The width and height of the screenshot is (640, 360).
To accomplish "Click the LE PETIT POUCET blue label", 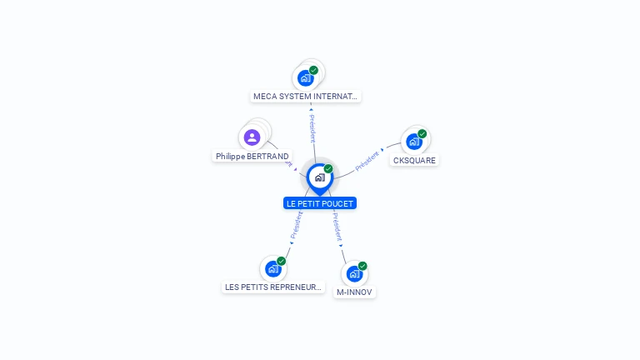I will [x=320, y=203].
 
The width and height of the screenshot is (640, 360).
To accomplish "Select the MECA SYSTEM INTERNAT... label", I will [x=306, y=97].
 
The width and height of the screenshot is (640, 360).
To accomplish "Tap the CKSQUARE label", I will [x=414, y=160].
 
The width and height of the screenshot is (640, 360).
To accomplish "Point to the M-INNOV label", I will [x=354, y=292].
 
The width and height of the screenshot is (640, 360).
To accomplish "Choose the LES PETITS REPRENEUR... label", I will [x=273, y=287].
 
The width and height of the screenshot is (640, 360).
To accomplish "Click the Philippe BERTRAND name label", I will [x=252, y=156].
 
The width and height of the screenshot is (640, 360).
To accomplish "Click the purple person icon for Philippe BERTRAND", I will [x=252, y=137].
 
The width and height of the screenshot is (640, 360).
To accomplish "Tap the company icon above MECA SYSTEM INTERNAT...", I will [x=305, y=78].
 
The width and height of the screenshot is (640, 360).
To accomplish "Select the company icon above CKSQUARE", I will [x=413, y=142].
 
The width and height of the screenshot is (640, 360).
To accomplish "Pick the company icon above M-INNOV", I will [x=353, y=273].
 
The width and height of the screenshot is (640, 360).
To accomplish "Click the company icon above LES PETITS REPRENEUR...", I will [x=272, y=268].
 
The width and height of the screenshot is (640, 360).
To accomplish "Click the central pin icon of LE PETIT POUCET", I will [x=319, y=177].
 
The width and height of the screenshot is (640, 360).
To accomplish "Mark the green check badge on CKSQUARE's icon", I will [x=422, y=133].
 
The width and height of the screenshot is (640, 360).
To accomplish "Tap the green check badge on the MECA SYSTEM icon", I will [x=313, y=70].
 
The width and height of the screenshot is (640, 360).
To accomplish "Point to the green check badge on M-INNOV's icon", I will [x=362, y=266].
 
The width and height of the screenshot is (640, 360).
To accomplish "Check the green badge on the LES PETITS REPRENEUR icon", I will [x=282, y=261].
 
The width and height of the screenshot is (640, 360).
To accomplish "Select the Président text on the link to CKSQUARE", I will [x=367, y=161].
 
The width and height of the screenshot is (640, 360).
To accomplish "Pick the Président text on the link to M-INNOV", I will [x=335, y=226].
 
